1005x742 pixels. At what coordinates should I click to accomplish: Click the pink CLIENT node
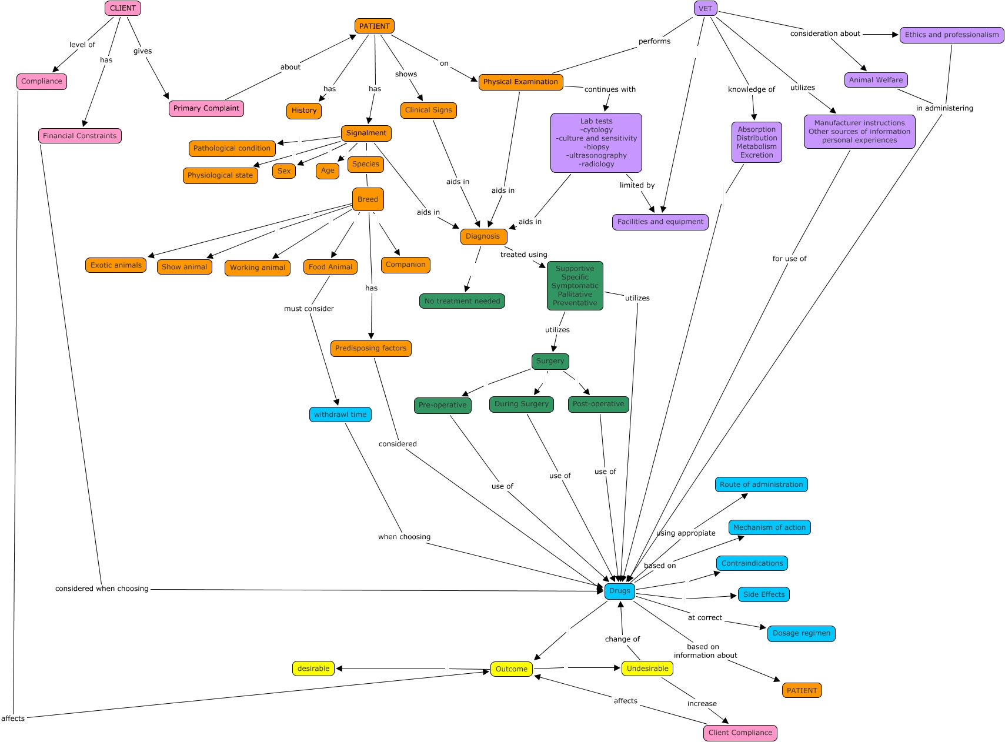tap(123, 8)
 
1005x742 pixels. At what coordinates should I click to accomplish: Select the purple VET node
tap(705, 8)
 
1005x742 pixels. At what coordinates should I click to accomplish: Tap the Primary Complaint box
tap(206, 108)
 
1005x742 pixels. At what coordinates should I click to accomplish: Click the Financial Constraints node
tap(80, 136)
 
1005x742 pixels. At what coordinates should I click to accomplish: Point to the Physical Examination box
tap(520, 82)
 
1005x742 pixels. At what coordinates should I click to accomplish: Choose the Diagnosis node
tap(483, 236)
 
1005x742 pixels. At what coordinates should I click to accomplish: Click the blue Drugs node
tap(619, 591)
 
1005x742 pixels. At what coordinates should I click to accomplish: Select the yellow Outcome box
tap(511, 669)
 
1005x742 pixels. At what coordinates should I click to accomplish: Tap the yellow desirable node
tap(313, 669)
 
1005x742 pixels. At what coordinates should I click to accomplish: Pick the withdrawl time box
tap(340, 415)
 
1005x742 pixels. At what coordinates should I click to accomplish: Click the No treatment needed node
tap(462, 301)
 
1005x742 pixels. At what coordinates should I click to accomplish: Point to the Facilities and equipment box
tap(660, 222)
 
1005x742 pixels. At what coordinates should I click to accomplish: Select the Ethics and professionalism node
tap(951, 35)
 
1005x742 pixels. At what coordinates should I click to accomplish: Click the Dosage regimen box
tap(801, 633)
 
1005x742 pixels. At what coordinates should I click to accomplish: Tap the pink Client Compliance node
tap(740, 733)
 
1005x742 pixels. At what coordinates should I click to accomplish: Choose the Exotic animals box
tap(116, 265)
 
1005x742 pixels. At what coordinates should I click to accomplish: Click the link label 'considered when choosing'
tap(102, 589)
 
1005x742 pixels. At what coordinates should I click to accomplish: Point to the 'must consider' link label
tap(309, 309)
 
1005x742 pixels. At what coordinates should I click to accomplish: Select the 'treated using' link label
tap(523, 255)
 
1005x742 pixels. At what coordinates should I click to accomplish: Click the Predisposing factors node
tap(370, 348)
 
